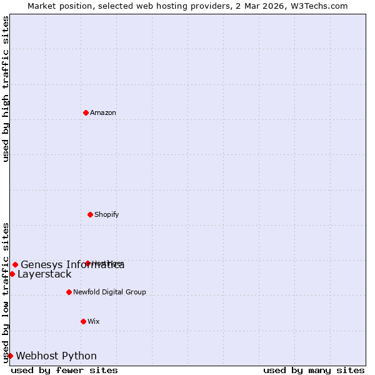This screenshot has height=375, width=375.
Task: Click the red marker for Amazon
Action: [x=86, y=112]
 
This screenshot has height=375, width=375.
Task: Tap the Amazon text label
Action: [x=103, y=113]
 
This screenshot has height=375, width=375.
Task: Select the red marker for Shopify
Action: [x=90, y=214]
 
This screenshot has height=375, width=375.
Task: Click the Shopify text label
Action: [x=107, y=215]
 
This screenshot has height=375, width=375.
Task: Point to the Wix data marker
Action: [x=83, y=321]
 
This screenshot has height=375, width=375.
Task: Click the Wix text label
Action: [x=94, y=322]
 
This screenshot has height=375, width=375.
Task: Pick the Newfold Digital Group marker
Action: [x=69, y=292]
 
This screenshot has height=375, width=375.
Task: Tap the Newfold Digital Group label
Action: [x=109, y=292]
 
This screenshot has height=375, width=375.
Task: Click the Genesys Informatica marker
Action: [x=15, y=264]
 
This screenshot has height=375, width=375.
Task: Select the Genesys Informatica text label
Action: [x=72, y=265]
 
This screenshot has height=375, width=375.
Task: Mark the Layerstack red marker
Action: [x=12, y=274]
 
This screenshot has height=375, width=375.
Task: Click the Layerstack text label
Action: [x=44, y=274]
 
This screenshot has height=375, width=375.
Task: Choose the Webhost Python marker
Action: [x=10, y=356]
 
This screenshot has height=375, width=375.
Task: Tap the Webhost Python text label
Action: [x=56, y=356]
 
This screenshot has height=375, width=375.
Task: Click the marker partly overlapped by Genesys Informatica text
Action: [x=87, y=263]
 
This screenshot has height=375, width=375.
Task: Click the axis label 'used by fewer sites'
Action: [x=64, y=371]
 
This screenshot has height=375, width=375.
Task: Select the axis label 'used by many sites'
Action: [x=314, y=371]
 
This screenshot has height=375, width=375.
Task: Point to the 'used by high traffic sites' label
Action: [x=6, y=89]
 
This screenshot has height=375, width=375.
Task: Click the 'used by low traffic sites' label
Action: [x=6, y=292]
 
